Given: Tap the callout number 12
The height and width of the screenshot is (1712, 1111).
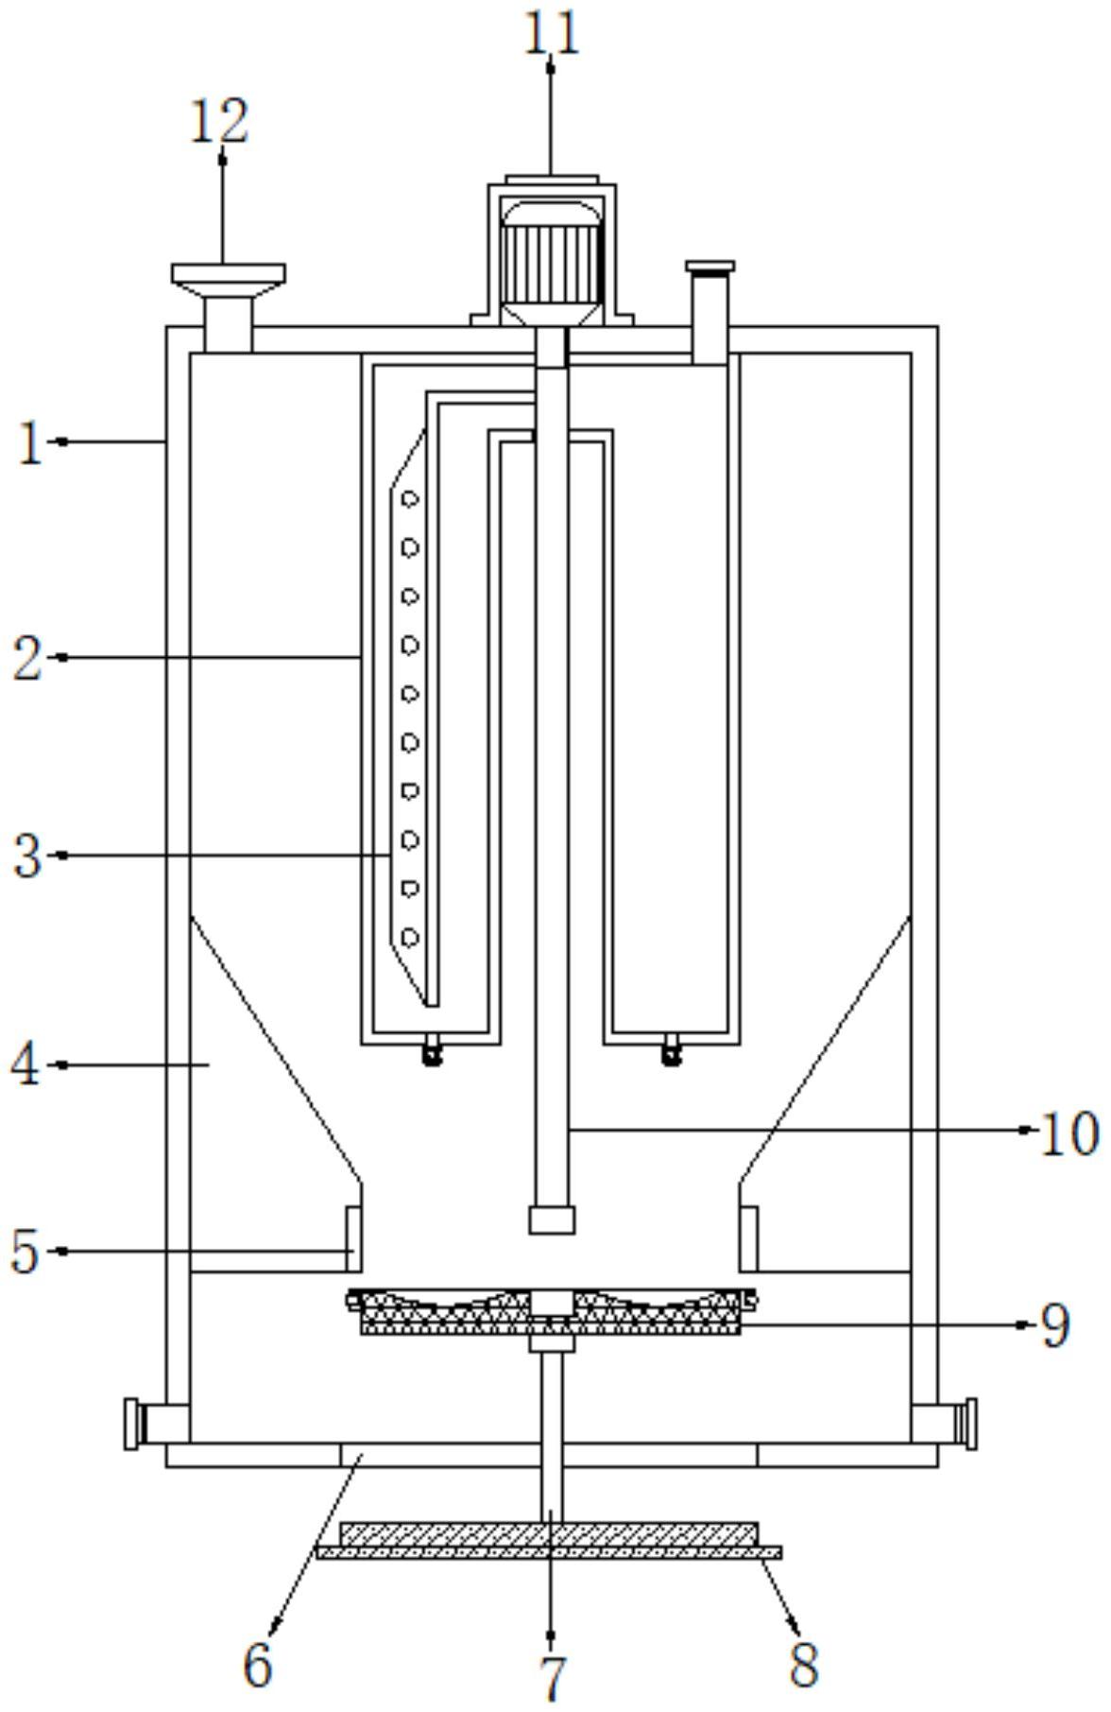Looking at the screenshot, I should (x=220, y=122).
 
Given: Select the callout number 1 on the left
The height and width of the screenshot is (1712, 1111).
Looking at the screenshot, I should (x=31, y=441).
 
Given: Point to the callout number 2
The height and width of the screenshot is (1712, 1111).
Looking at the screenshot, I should (x=28, y=658).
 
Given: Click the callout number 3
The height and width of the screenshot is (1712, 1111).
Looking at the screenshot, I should (x=28, y=856).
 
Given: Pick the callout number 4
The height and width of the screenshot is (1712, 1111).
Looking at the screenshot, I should (x=26, y=1065).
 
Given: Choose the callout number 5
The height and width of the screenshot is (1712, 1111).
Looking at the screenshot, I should (x=26, y=1252).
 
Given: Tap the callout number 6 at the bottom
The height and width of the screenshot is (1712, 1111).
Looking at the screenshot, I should (x=258, y=1665).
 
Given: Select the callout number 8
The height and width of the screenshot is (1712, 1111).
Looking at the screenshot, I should (x=804, y=1665).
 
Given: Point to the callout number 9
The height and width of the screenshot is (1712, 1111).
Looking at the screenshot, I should (x=1055, y=1325).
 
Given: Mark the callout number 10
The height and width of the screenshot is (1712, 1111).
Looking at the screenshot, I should (x=1068, y=1133).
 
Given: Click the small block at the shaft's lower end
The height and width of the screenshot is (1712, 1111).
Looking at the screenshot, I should (x=552, y=1219).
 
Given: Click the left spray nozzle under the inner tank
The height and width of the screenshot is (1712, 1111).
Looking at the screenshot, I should (x=433, y=1050).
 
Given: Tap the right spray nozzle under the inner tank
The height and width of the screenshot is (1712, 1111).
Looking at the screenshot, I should (x=672, y=1050).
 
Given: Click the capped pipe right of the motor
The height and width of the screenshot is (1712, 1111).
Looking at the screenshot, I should (x=710, y=307).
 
